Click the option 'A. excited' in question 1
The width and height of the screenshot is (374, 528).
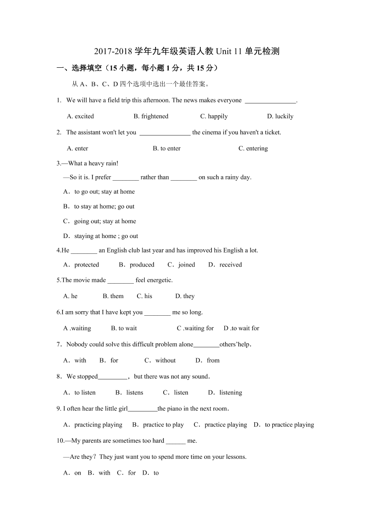coord(80,117)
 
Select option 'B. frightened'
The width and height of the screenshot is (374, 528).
coord(151,117)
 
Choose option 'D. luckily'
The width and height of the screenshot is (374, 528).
coord(280,117)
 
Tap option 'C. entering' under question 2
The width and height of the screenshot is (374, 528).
coord(253,149)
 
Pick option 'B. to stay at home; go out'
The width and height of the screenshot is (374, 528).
coord(99,206)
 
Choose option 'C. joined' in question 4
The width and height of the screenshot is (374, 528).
coord(181,265)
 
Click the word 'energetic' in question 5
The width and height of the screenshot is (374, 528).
coord(159,280)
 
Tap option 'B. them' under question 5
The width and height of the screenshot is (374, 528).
coord(113,296)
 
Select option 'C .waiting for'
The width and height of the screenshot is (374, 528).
coord(195,328)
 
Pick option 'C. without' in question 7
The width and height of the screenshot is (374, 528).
coord(160,360)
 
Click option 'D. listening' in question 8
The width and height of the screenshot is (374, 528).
coord(225,393)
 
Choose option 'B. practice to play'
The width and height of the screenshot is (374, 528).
coord(158,425)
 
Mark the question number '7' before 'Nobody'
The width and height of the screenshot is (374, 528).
coord(59,345)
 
